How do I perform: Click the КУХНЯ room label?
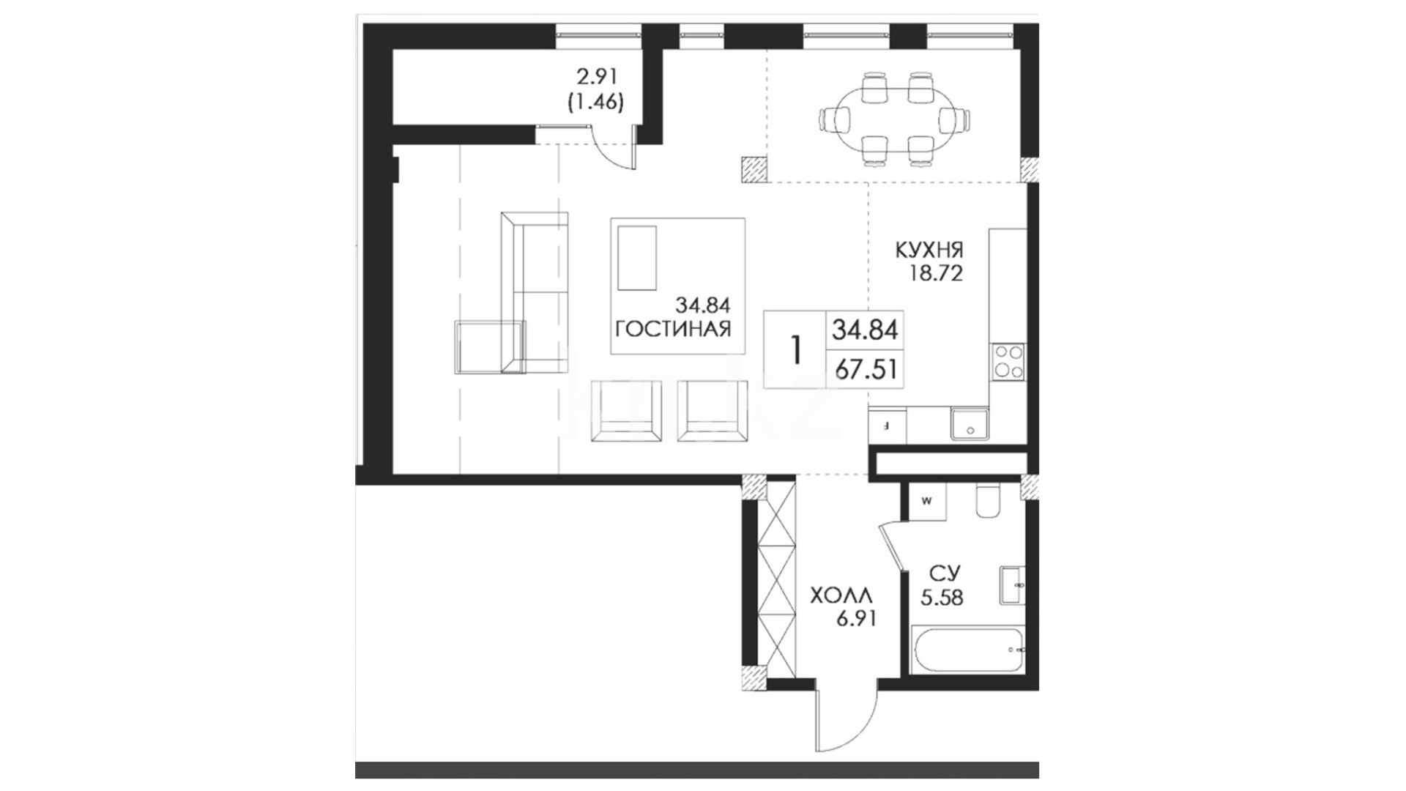[x=929, y=250]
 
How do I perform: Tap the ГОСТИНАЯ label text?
[x=673, y=329]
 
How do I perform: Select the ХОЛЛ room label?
[x=841, y=595]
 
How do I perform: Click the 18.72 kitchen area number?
[x=935, y=274]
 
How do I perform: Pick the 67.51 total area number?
[x=866, y=369]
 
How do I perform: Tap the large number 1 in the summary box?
[x=796, y=350]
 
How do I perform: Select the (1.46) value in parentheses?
[x=596, y=103]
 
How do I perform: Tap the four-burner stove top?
[x=1008, y=363]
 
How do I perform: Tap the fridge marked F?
[x=887, y=426]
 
